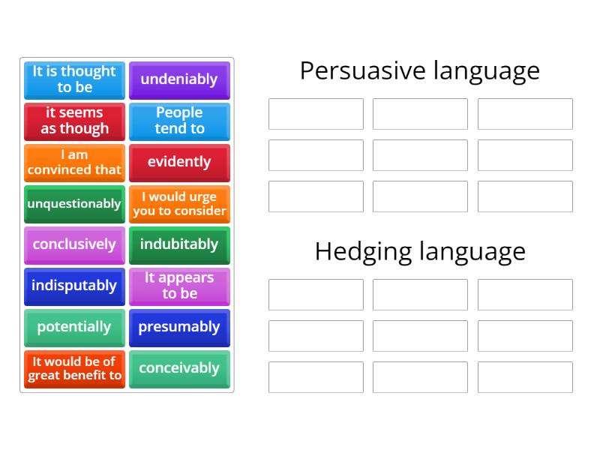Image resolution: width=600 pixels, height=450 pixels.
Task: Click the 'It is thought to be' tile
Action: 74,79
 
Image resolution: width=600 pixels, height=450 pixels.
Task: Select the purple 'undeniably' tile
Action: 179,79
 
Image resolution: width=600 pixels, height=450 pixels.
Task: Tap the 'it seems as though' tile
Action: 74,121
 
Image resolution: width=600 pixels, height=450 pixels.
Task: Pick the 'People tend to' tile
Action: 179,121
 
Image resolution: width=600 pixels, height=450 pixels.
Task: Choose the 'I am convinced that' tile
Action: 74,162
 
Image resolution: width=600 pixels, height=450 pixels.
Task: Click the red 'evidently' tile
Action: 179,162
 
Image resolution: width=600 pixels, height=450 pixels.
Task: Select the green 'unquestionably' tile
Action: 74,203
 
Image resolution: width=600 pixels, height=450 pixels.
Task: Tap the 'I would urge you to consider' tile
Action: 179,203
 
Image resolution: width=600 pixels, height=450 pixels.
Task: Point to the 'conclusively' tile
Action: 74,244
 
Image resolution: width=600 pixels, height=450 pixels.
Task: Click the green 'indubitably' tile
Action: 179,244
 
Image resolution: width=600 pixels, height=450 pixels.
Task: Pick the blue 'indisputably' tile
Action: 74,286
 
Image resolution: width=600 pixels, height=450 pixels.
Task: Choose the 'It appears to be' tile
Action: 179,286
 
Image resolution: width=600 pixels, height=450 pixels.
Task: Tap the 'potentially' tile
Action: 74,327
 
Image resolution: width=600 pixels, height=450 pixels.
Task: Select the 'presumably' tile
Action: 179,327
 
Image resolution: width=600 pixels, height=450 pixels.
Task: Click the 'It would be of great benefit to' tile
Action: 74,368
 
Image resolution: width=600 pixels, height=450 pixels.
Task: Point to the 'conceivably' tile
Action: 179,368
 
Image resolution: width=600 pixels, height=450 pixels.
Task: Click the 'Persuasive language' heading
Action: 419,70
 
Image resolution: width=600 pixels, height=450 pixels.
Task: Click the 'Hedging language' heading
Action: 419,251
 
